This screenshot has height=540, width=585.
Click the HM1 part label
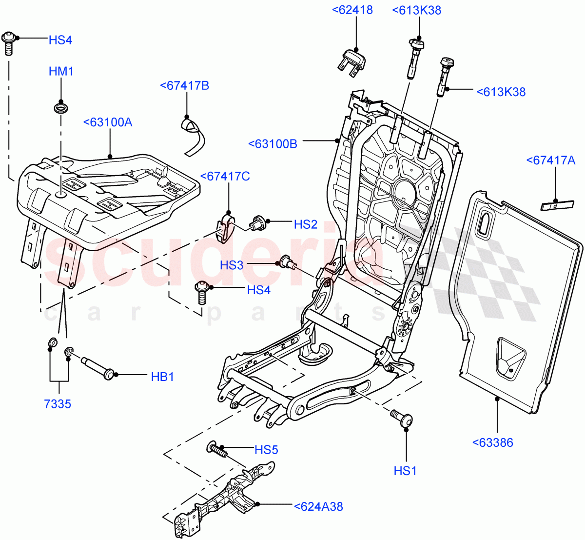61,72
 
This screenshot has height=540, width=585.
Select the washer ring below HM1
61,107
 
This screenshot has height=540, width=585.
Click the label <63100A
108,122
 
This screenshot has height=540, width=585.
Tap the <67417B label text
184,86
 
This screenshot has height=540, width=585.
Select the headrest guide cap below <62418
351,62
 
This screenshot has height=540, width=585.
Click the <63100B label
273,144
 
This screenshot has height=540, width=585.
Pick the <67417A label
551,160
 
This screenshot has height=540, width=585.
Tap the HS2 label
306,224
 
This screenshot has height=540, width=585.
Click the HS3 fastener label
232,265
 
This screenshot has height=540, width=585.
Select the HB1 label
162,377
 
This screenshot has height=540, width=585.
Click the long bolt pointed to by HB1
97,368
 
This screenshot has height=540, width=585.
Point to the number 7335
58,404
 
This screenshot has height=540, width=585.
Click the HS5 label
266,450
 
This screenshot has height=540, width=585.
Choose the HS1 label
405,471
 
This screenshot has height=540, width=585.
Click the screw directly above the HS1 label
402,418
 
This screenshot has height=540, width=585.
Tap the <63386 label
492,443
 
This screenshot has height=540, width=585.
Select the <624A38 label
318,507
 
